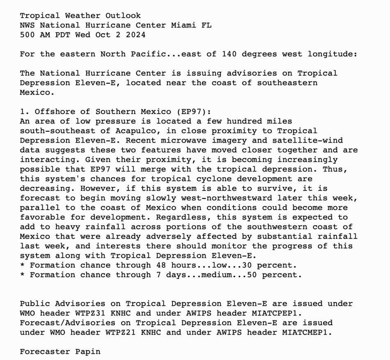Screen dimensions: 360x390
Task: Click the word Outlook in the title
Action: [123, 16]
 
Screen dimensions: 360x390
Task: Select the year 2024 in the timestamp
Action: [135, 35]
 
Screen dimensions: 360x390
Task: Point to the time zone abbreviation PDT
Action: [65, 35]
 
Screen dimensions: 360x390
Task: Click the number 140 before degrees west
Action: [229, 54]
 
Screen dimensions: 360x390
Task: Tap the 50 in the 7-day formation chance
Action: [252, 275]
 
